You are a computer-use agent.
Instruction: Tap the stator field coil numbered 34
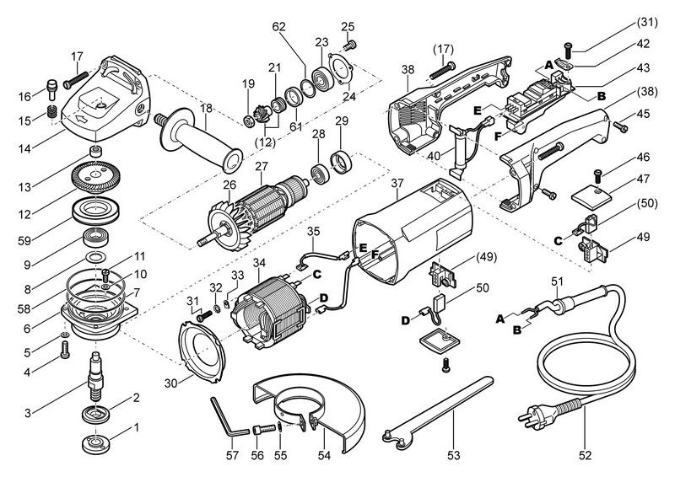click(x=275, y=307)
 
